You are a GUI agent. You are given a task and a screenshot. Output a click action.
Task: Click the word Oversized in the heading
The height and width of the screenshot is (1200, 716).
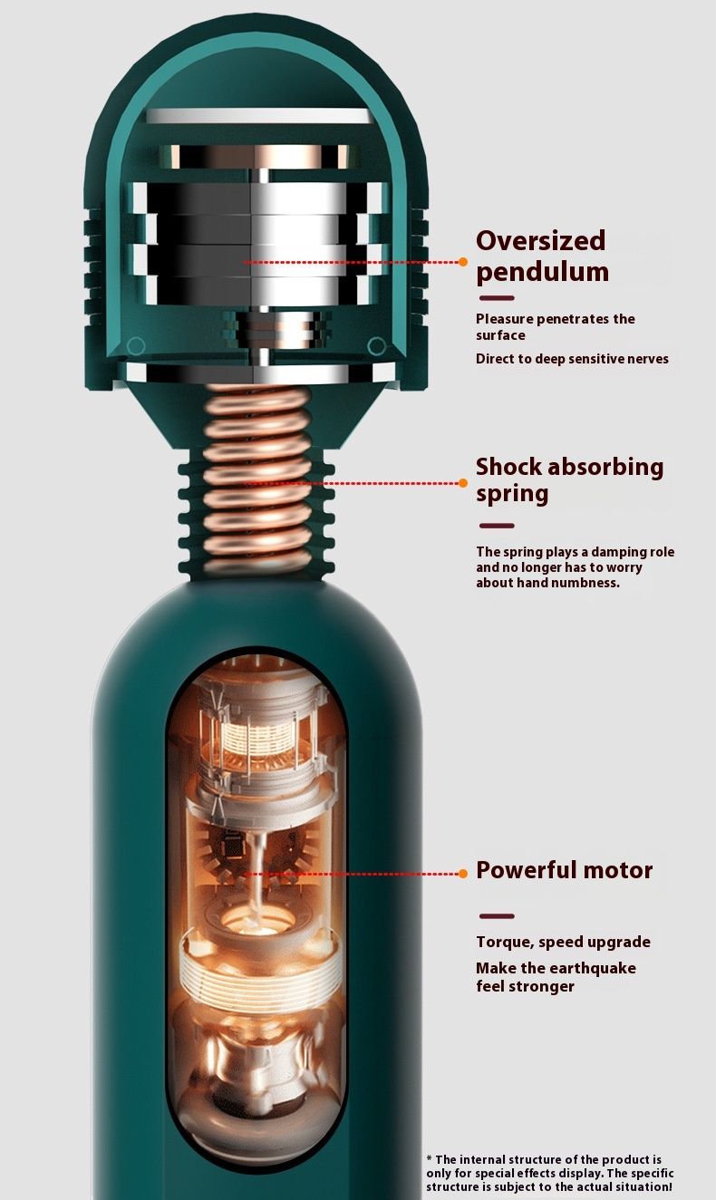(x=540, y=240)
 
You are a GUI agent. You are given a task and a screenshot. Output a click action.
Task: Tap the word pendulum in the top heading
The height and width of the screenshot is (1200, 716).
(x=542, y=273)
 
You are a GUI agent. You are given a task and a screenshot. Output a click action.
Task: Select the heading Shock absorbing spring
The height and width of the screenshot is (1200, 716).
(x=569, y=479)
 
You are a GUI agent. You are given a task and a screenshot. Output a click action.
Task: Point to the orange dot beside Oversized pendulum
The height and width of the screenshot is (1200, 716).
(x=463, y=262)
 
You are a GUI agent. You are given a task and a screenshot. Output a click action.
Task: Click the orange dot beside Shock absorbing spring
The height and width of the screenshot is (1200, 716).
(x=463, y=483)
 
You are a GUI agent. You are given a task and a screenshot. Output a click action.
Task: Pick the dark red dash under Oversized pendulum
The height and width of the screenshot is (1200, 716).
(x=497, y=298)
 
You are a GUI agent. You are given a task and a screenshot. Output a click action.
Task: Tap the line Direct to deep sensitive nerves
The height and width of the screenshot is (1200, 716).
(x=572, y=359)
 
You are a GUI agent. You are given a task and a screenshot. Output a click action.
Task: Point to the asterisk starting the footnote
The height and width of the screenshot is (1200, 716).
(x=430, y=1158)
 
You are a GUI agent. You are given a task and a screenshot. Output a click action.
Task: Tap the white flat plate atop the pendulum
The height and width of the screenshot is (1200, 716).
(x=257, y=116)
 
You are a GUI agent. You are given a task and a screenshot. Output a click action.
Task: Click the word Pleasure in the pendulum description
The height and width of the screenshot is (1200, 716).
(x=505, y=319)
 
